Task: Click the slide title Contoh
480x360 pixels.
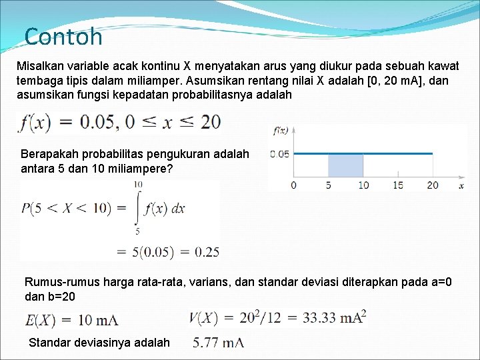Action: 63,36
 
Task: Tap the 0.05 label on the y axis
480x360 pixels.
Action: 280,154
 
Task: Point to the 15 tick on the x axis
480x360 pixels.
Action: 398,185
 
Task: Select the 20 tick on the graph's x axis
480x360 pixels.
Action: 433,185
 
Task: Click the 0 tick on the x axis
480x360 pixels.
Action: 294,185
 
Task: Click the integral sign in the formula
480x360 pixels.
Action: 137,207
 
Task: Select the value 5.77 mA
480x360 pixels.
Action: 218,343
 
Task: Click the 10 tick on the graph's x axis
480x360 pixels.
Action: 363,185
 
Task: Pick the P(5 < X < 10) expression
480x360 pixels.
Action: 66,209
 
